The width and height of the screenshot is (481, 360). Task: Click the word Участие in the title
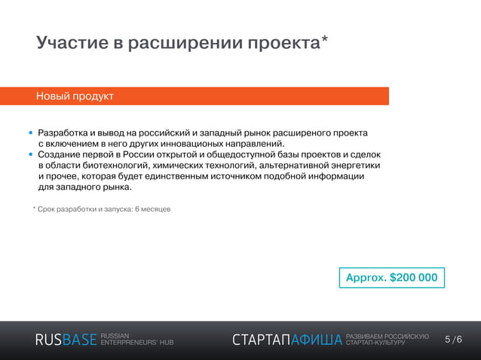71,43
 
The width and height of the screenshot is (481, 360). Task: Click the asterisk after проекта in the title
323,40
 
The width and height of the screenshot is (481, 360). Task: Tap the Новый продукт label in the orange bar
75,96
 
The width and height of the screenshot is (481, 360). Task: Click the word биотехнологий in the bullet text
116,166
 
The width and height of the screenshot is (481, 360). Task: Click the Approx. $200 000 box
391,277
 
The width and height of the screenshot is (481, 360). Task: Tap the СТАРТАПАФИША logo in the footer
286,340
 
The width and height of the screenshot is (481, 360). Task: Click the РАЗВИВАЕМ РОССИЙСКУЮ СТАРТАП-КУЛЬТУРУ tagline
387,339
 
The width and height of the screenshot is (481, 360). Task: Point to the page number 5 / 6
453,340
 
